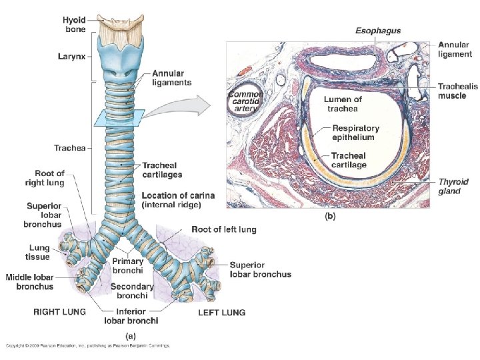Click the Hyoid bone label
coord(74,25)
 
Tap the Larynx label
coord(70,58)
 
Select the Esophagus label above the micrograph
coord(378,31)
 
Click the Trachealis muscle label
coord(457,91)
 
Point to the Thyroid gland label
coord(453,186)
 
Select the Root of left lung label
coord(224,230)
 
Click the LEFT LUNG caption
coord(222,312)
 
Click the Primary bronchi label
coord(128,266)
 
